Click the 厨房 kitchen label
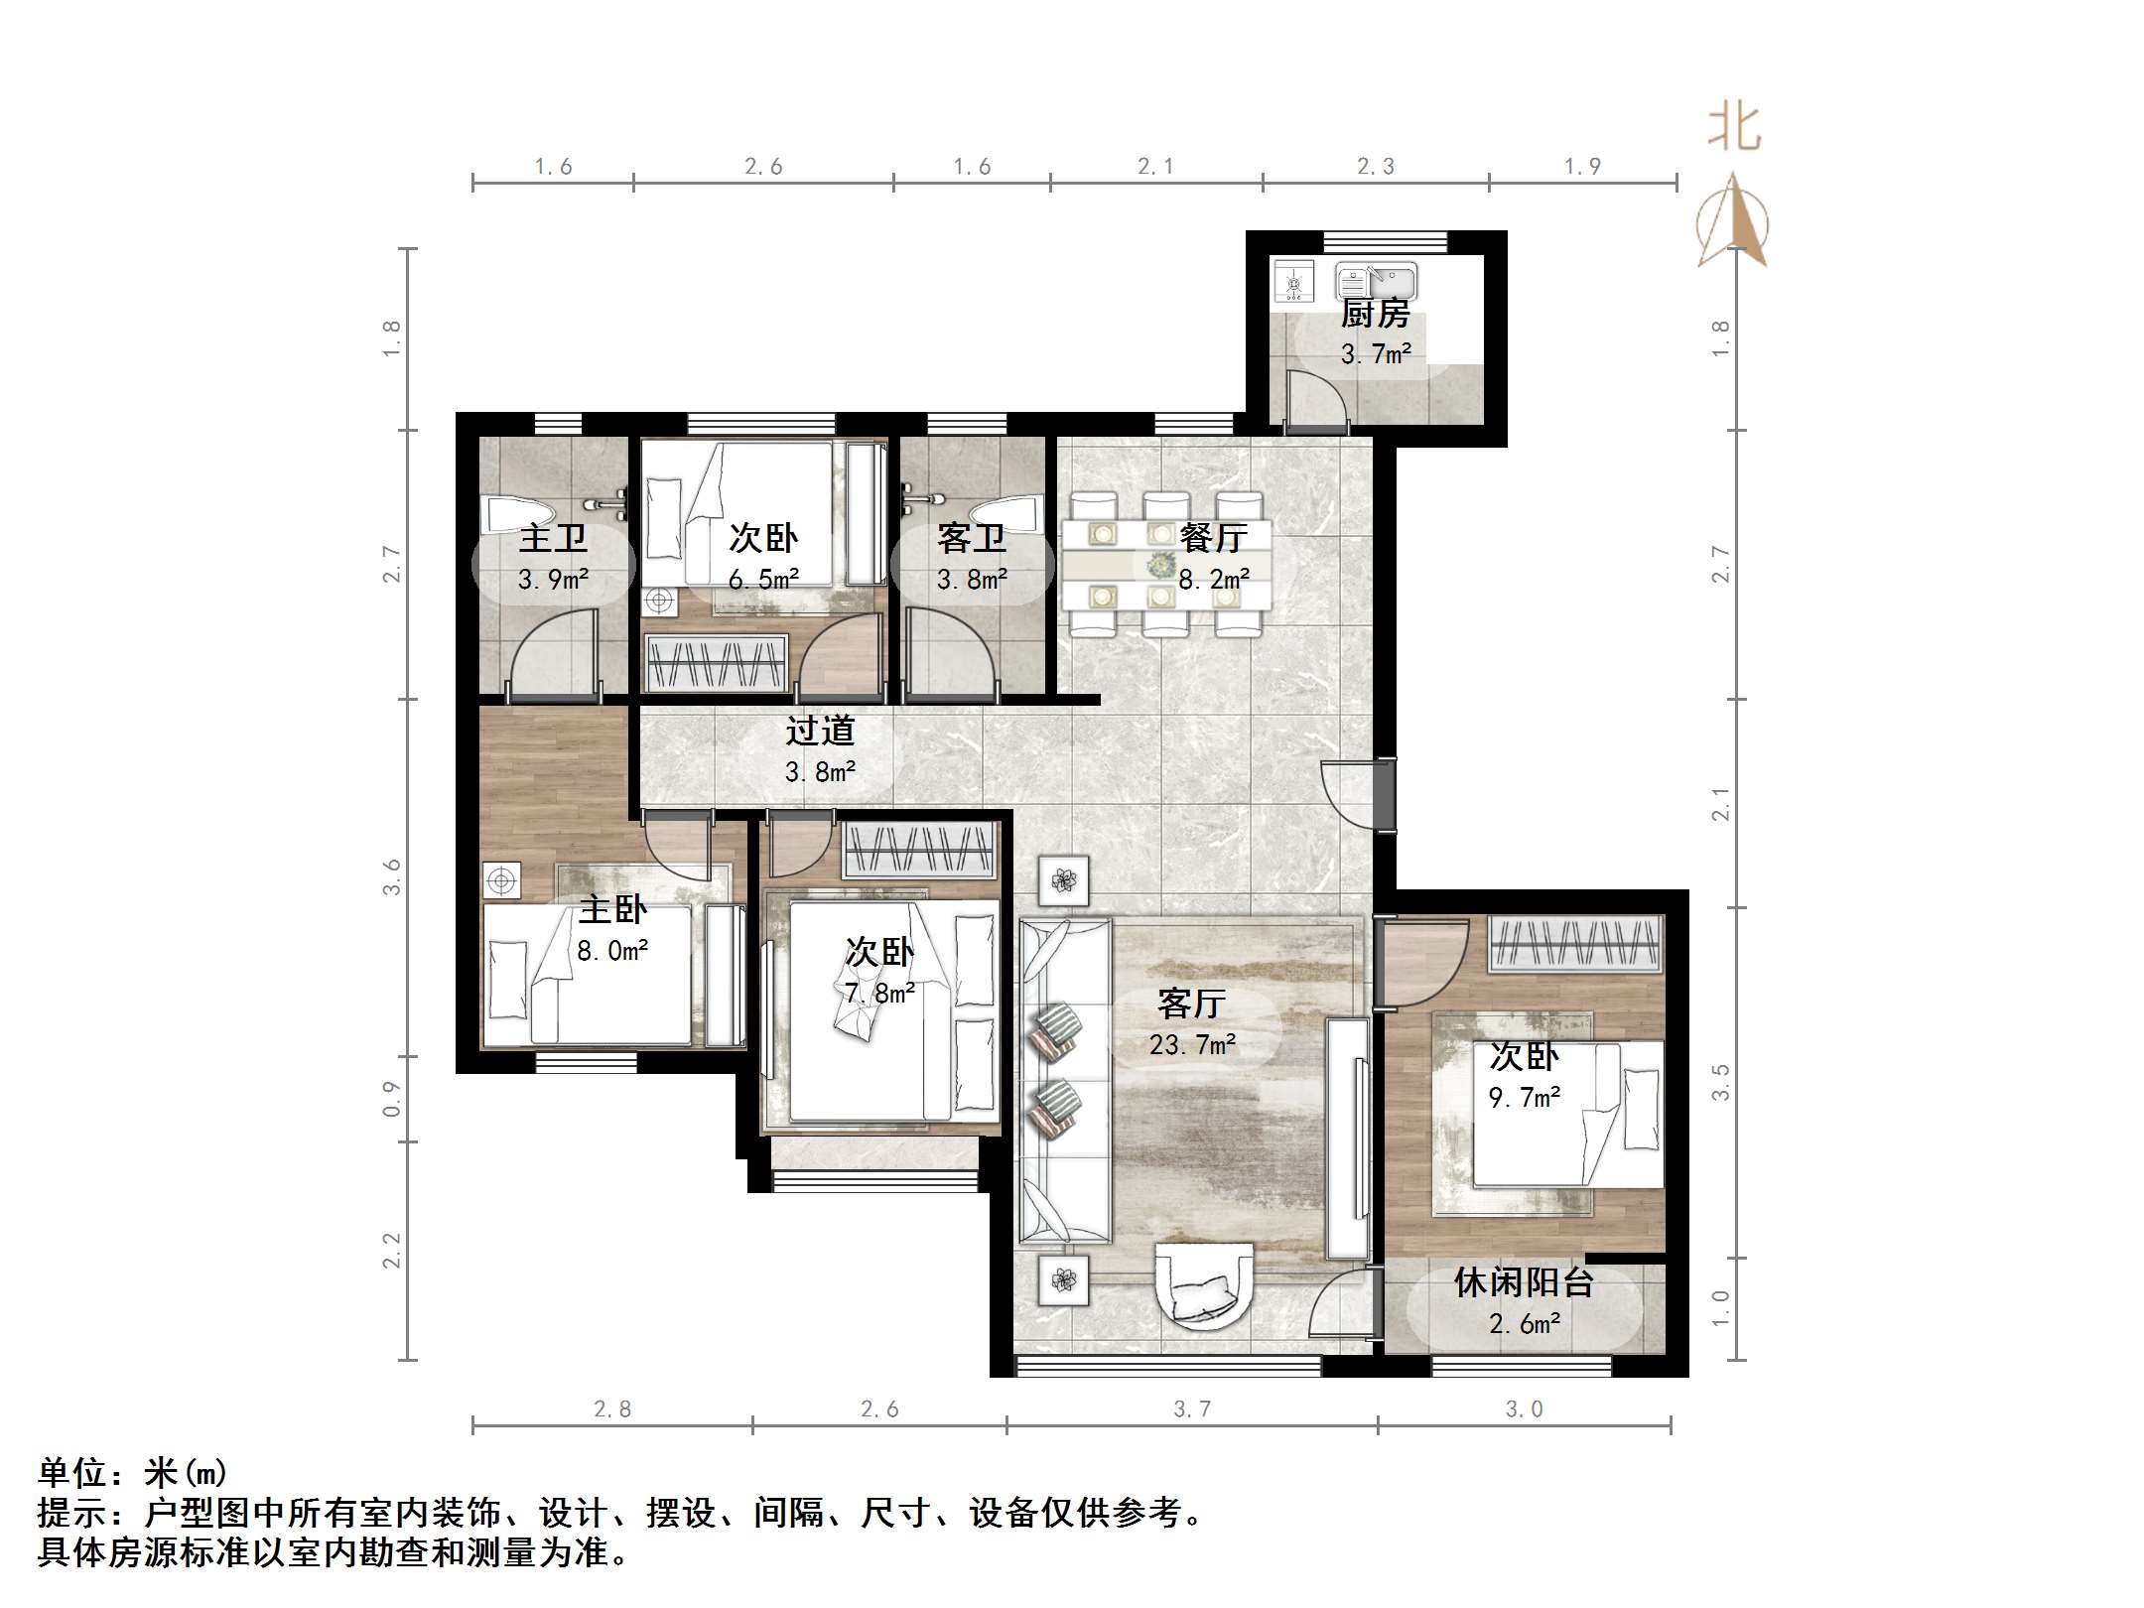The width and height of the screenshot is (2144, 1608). (x=1375, y=314)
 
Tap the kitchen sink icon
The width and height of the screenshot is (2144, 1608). (x=1376, y=281)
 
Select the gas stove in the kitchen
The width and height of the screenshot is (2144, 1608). (x=1293, y=283)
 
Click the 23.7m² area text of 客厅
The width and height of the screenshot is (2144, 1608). (x=1192, y=1045)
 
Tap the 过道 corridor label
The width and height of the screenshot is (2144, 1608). (x=820, y=731)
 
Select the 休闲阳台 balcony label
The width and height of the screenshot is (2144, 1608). (x=1524, y=1282)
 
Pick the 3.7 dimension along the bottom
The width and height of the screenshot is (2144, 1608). (x=1192, y=1408)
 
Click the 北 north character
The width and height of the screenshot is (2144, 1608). (x=1734, y=128)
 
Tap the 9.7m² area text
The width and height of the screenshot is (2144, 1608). (x=1525, y=1098)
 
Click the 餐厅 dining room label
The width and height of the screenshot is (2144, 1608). (x=1213, y=538)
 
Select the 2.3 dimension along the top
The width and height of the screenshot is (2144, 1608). (x=1376, y=167)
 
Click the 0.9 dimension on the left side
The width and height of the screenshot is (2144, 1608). (x=392, y=1099)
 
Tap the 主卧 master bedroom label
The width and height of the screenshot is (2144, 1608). (x=612, y=909)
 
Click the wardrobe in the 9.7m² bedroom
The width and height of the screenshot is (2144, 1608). (x=1575, y=942)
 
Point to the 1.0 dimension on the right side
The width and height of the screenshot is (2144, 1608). (x=1720, y=1308)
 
